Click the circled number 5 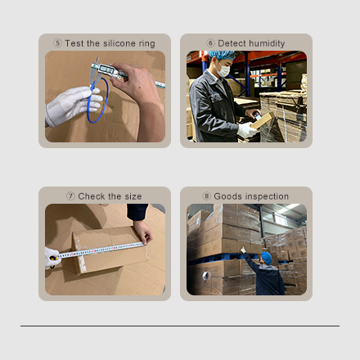57,43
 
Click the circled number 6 210,43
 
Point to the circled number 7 70,196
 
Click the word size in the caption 133,196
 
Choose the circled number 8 206,196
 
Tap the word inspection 267,196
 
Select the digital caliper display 107,70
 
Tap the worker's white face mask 223,70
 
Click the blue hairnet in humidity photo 222,55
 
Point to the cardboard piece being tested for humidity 263,120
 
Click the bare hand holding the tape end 143,232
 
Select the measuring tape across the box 100,250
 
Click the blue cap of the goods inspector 267,258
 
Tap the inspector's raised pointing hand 242,250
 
